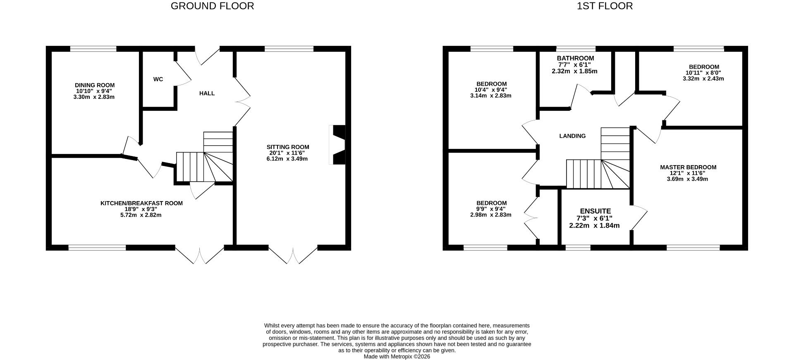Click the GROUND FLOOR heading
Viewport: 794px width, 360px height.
(x=212, y=6)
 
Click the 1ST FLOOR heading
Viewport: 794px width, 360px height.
(x=605, y=6)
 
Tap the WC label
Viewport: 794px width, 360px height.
(x=158, y=79)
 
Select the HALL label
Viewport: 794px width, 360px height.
(x=207, y=94)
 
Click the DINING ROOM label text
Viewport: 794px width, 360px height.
(x=95, y=85)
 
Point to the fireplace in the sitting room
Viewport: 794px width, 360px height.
(x=338, y=145)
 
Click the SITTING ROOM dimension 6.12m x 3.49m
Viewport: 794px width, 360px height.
(x=287, y=159)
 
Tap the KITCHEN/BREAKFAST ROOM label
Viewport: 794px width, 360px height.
(x=141, y=203)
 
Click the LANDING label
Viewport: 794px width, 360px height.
(x=572, y=136)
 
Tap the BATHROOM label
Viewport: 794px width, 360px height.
(x=575, y=58)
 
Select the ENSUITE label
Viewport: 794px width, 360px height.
(x=595, y=211)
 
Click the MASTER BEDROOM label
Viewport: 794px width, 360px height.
(x=688, y=168)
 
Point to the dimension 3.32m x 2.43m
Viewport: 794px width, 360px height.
(x=703, y=79)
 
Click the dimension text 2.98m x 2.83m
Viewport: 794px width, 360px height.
(x=490, y=215)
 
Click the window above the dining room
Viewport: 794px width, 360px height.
(x=93, y=49)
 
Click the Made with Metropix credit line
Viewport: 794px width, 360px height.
(x=397, y=356)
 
